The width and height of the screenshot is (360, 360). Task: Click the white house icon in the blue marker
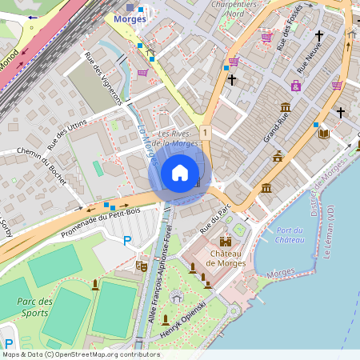point(180,173)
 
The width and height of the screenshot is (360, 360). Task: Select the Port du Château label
point(287,235)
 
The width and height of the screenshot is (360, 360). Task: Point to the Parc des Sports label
point(34,306)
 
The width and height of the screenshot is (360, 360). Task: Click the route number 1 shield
point(206,132)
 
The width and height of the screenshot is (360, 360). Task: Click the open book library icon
point(323,134)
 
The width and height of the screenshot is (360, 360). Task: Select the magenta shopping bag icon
point(295,86)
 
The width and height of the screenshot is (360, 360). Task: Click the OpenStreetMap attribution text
point(81,354)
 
